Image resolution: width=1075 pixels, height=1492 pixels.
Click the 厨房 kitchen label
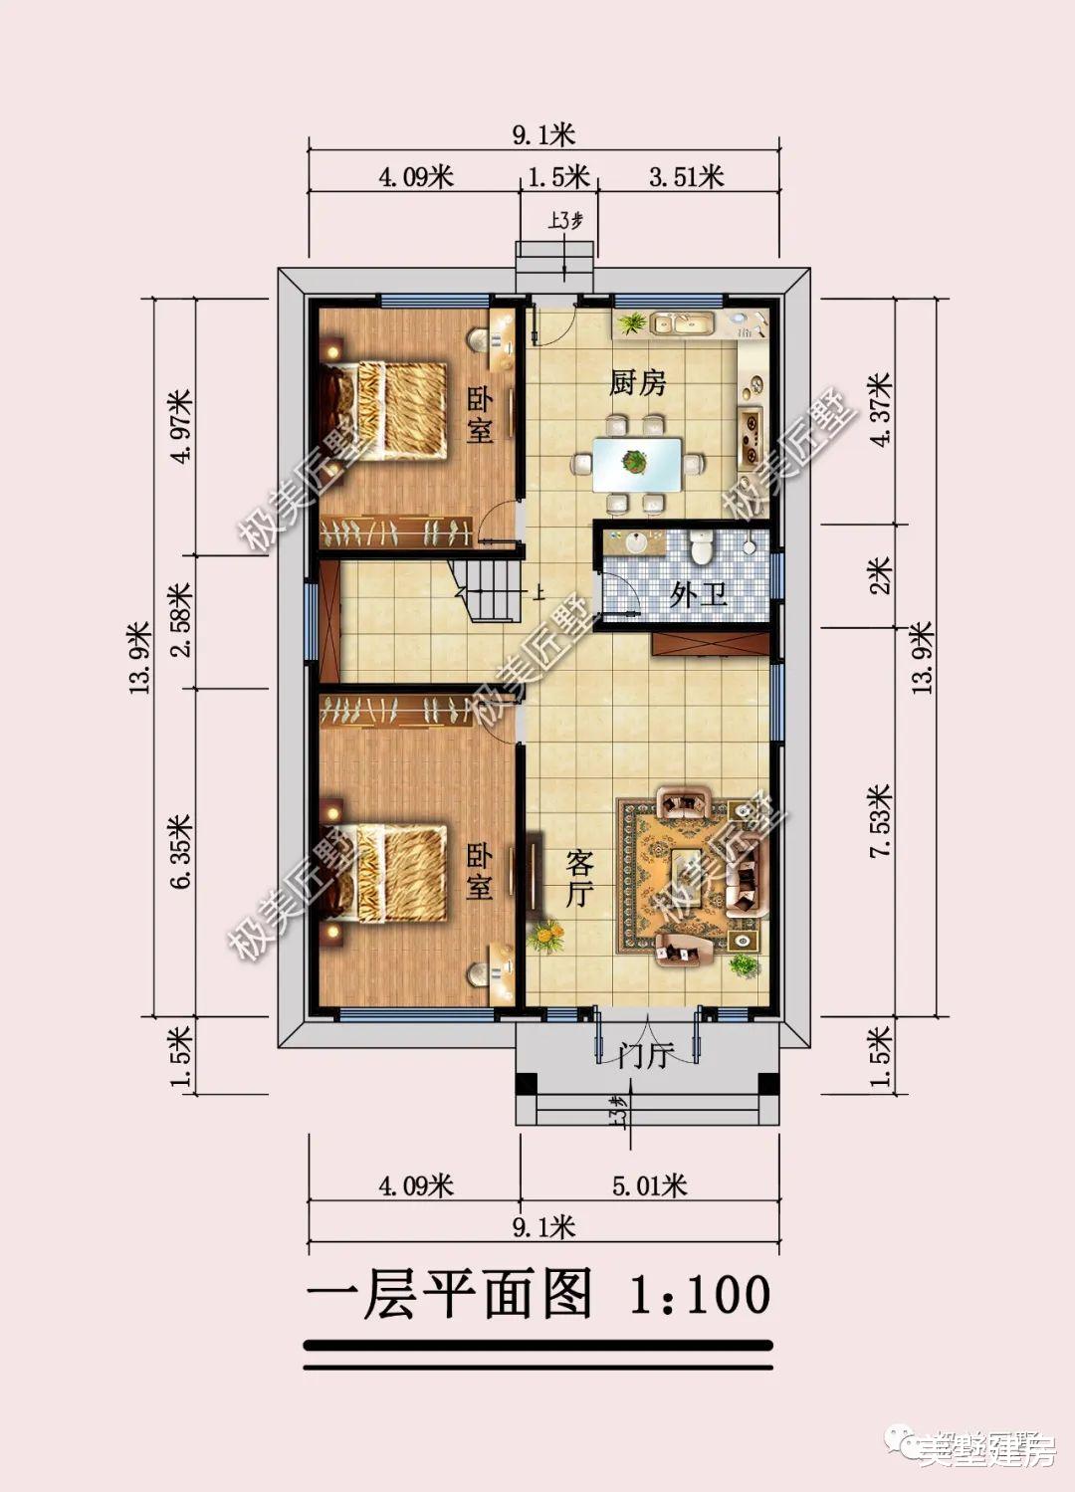click(x=637, y=382)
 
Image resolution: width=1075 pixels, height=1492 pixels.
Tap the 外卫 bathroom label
click(x=698, y=595)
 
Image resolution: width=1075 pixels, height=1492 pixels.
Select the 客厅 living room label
click(x=579, y=877)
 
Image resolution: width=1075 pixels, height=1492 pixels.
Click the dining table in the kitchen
click(x=637, y=463)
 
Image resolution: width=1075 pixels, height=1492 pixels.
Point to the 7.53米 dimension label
click(x=880, y=822)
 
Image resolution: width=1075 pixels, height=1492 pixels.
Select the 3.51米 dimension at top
click(x=687, y=177)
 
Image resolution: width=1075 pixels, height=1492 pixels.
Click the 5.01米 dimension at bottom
click(x=650, y=1185)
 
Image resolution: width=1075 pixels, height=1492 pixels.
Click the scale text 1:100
click(x=701, y=1295)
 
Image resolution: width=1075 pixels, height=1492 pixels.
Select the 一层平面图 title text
click(x=450, y=1295)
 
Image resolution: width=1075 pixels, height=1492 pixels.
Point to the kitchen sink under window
click(x=683, y=323)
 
